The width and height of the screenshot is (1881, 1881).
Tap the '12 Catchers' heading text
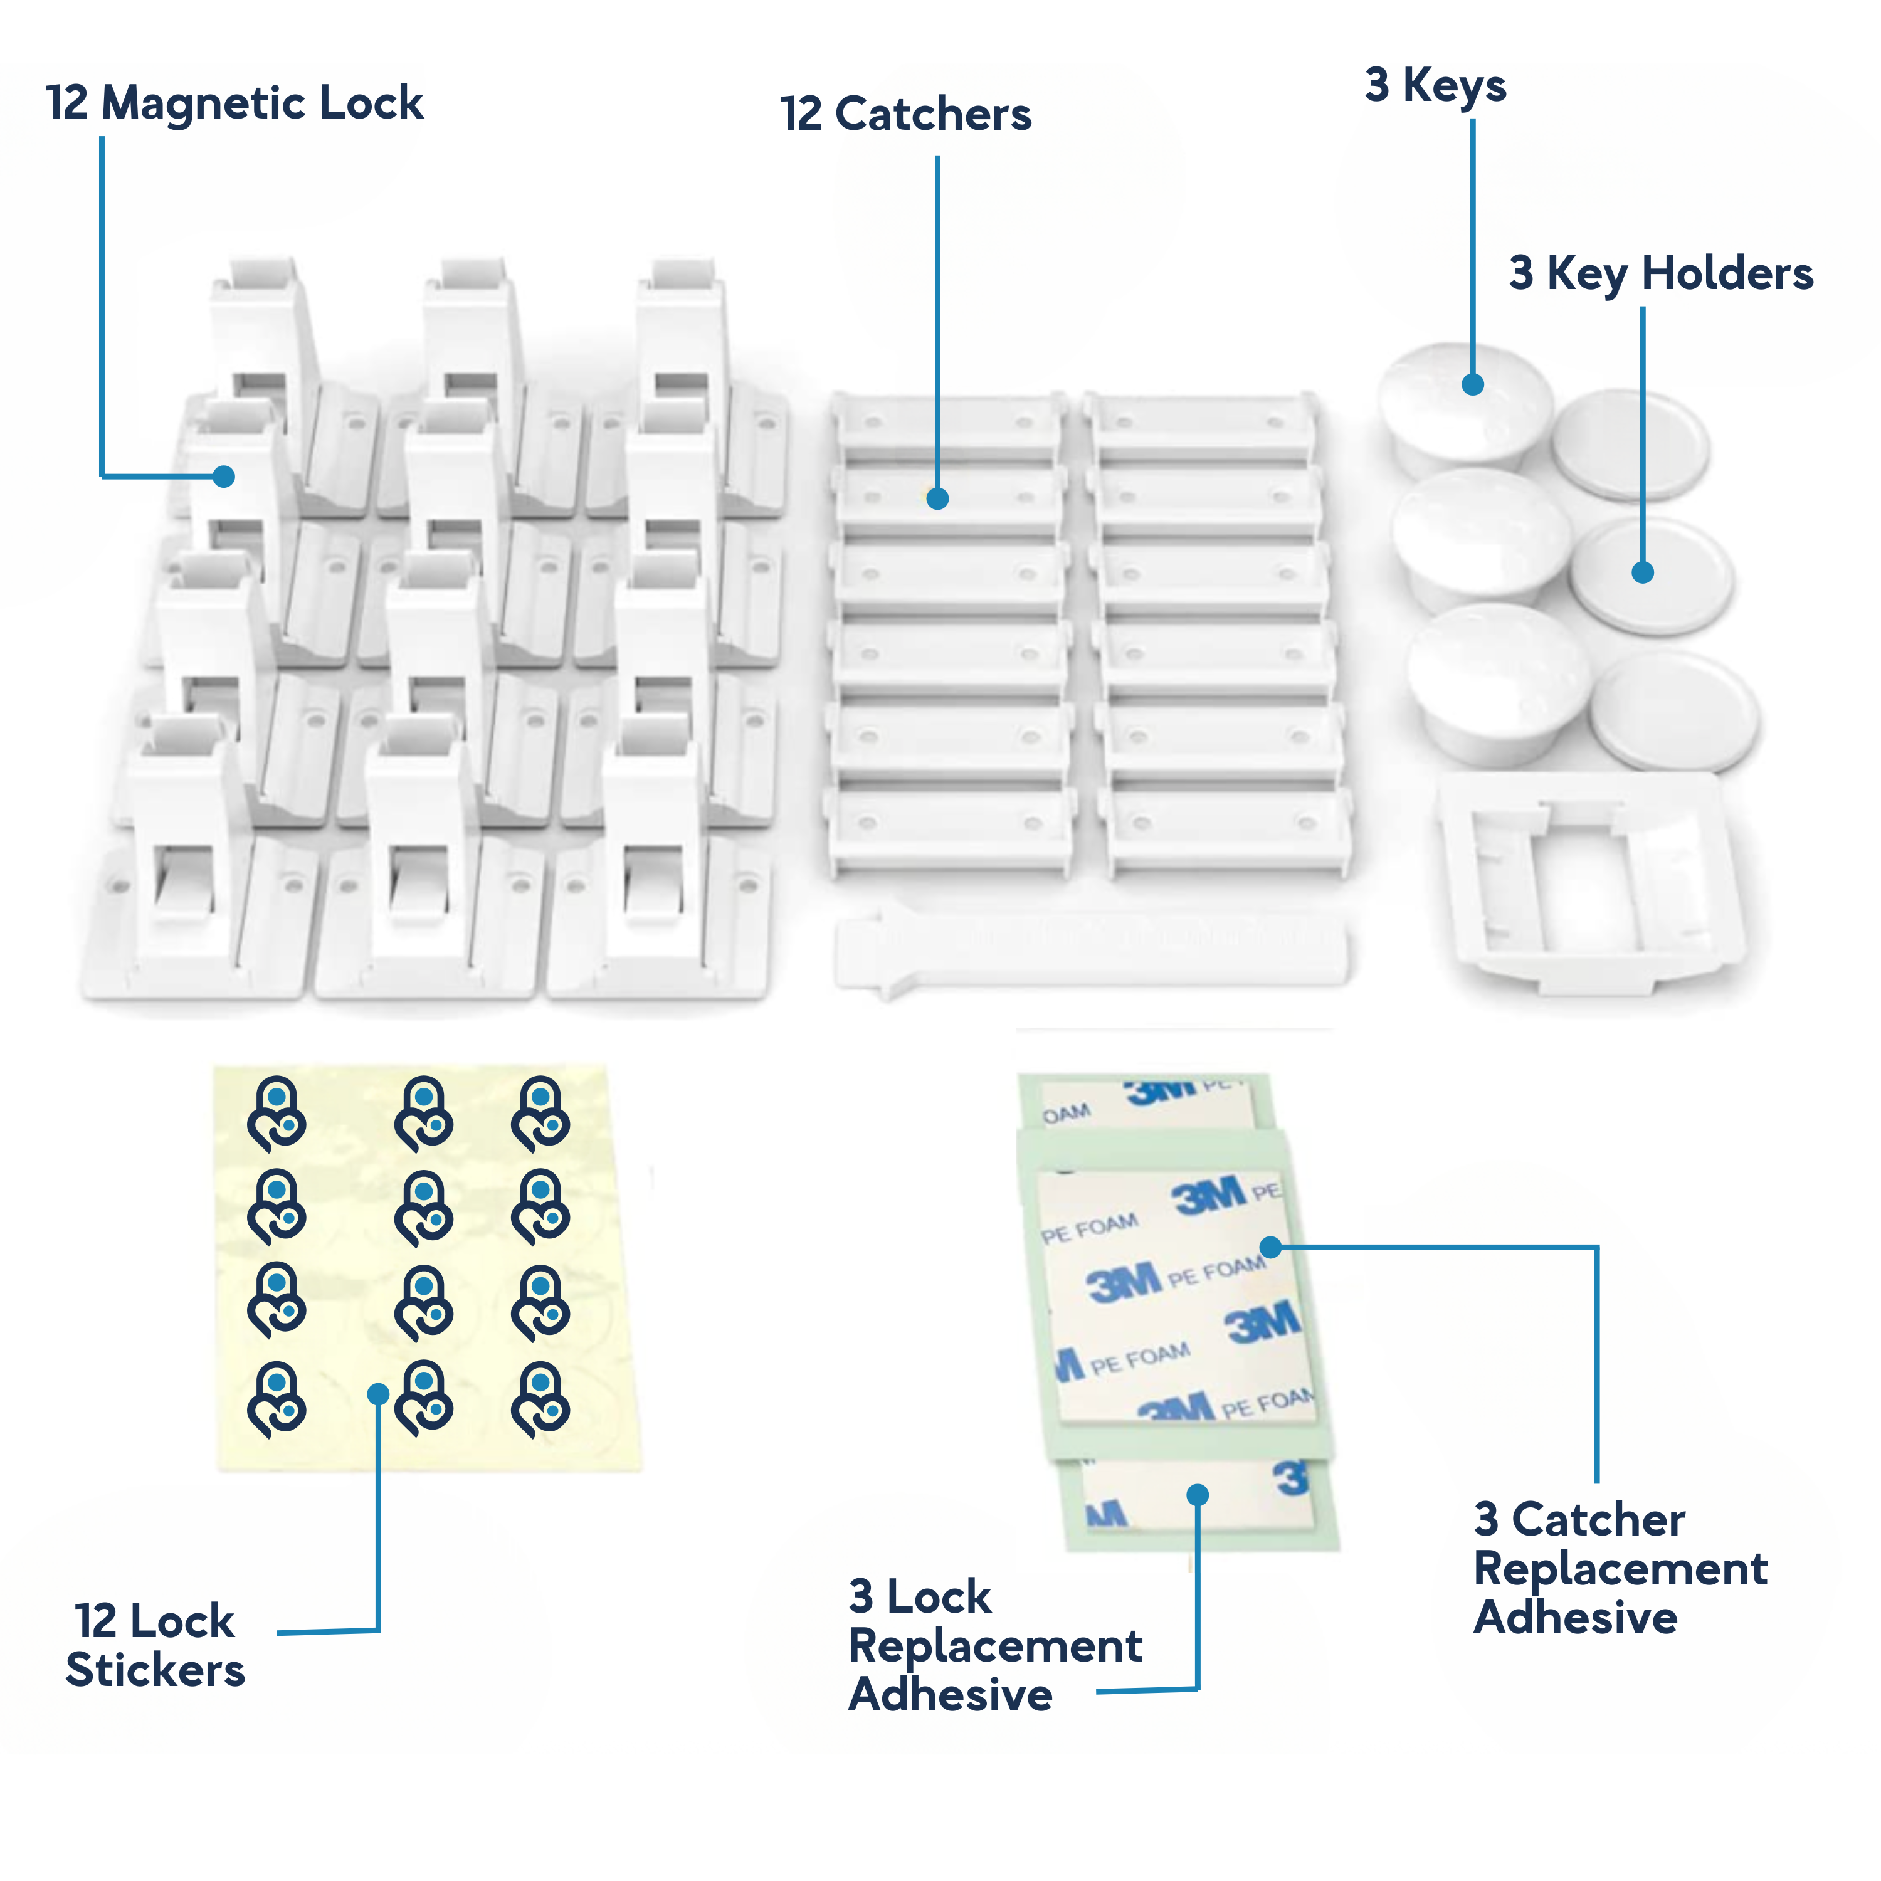(x=905, y=115)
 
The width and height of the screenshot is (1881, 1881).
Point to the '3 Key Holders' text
(x=1660, y=273)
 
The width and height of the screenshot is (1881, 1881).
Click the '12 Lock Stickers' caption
(x=155, y=1645)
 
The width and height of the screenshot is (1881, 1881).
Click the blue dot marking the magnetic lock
(x=224, y=476)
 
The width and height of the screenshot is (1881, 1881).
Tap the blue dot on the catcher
(x=937, y=498)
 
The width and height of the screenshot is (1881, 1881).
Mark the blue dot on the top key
(x=1472, y=384)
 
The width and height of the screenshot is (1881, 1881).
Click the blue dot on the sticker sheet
(x=379, y=1394)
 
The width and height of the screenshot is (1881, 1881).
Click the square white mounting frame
(x=1592, y=881)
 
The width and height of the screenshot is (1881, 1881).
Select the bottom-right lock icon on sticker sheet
(x=540, y=1399)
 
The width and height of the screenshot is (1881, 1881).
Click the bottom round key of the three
(x=1495, y=682)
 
